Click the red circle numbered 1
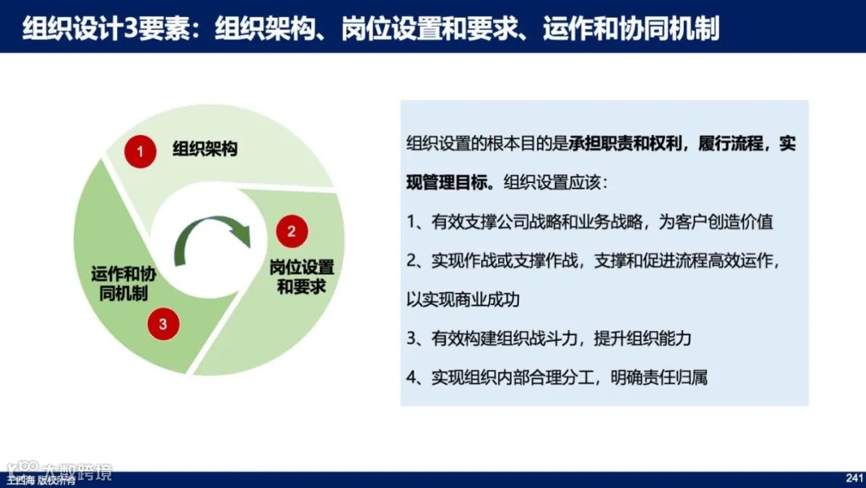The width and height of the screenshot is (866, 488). (x=140, y=151)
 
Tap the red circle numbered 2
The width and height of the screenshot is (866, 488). (x=292, y=231)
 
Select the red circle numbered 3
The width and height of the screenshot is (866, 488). (x=163, y=324)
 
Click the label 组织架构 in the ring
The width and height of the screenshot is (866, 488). (x=205, y=149)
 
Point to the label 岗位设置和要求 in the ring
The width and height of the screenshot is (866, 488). (x=301, y=277)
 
